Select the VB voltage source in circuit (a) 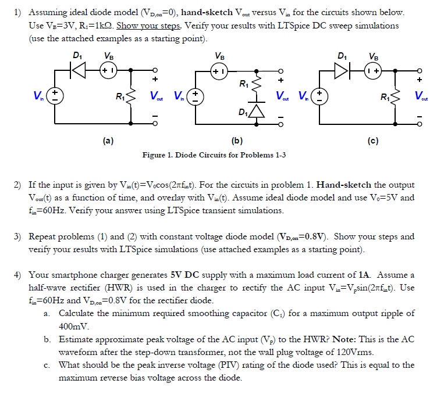point(108,69)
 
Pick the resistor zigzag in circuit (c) point(396,96)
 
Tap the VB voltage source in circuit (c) point(372,69)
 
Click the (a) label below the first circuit point(108,140)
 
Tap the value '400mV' point(73,326)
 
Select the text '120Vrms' point(360,352)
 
